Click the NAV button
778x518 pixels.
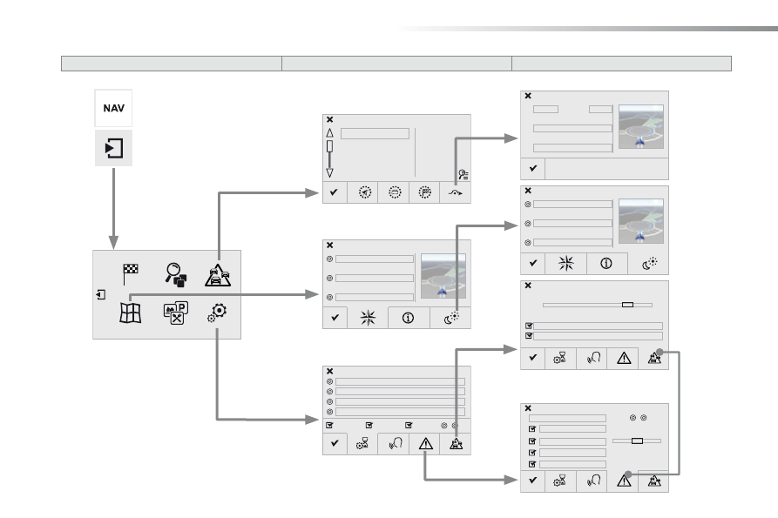[x=113, y=108]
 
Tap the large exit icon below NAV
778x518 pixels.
[x=113, y=148]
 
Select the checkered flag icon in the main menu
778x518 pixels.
[x=130, y=274]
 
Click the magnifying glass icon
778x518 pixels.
[x=176, y=274]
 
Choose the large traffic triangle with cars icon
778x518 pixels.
[x=218, y=275]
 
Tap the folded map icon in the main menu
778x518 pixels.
[x=131, y=313]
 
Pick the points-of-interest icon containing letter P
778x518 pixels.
[x=176, y=313]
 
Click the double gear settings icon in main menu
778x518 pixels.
[x=217, y=313]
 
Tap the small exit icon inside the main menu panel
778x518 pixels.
[x=101, y=294]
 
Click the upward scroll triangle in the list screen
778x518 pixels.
[x=329, y=133]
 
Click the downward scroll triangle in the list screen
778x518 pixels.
[x=329, y=173]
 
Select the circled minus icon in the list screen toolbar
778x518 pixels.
[x=395, y=192]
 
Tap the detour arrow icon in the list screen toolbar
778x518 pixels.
[x=455, y=192]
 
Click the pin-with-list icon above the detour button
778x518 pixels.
[x=463, y=174]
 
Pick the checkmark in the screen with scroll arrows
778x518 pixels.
[x=334, y=192]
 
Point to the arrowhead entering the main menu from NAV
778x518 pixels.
[x=113, y=243]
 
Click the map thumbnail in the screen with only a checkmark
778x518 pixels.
[x=641, y=126]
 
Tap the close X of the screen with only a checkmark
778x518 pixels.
[x=528, y=96]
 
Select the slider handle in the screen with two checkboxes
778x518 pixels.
[x=627, y=305]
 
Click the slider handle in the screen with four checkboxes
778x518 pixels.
[x=637, y=441]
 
